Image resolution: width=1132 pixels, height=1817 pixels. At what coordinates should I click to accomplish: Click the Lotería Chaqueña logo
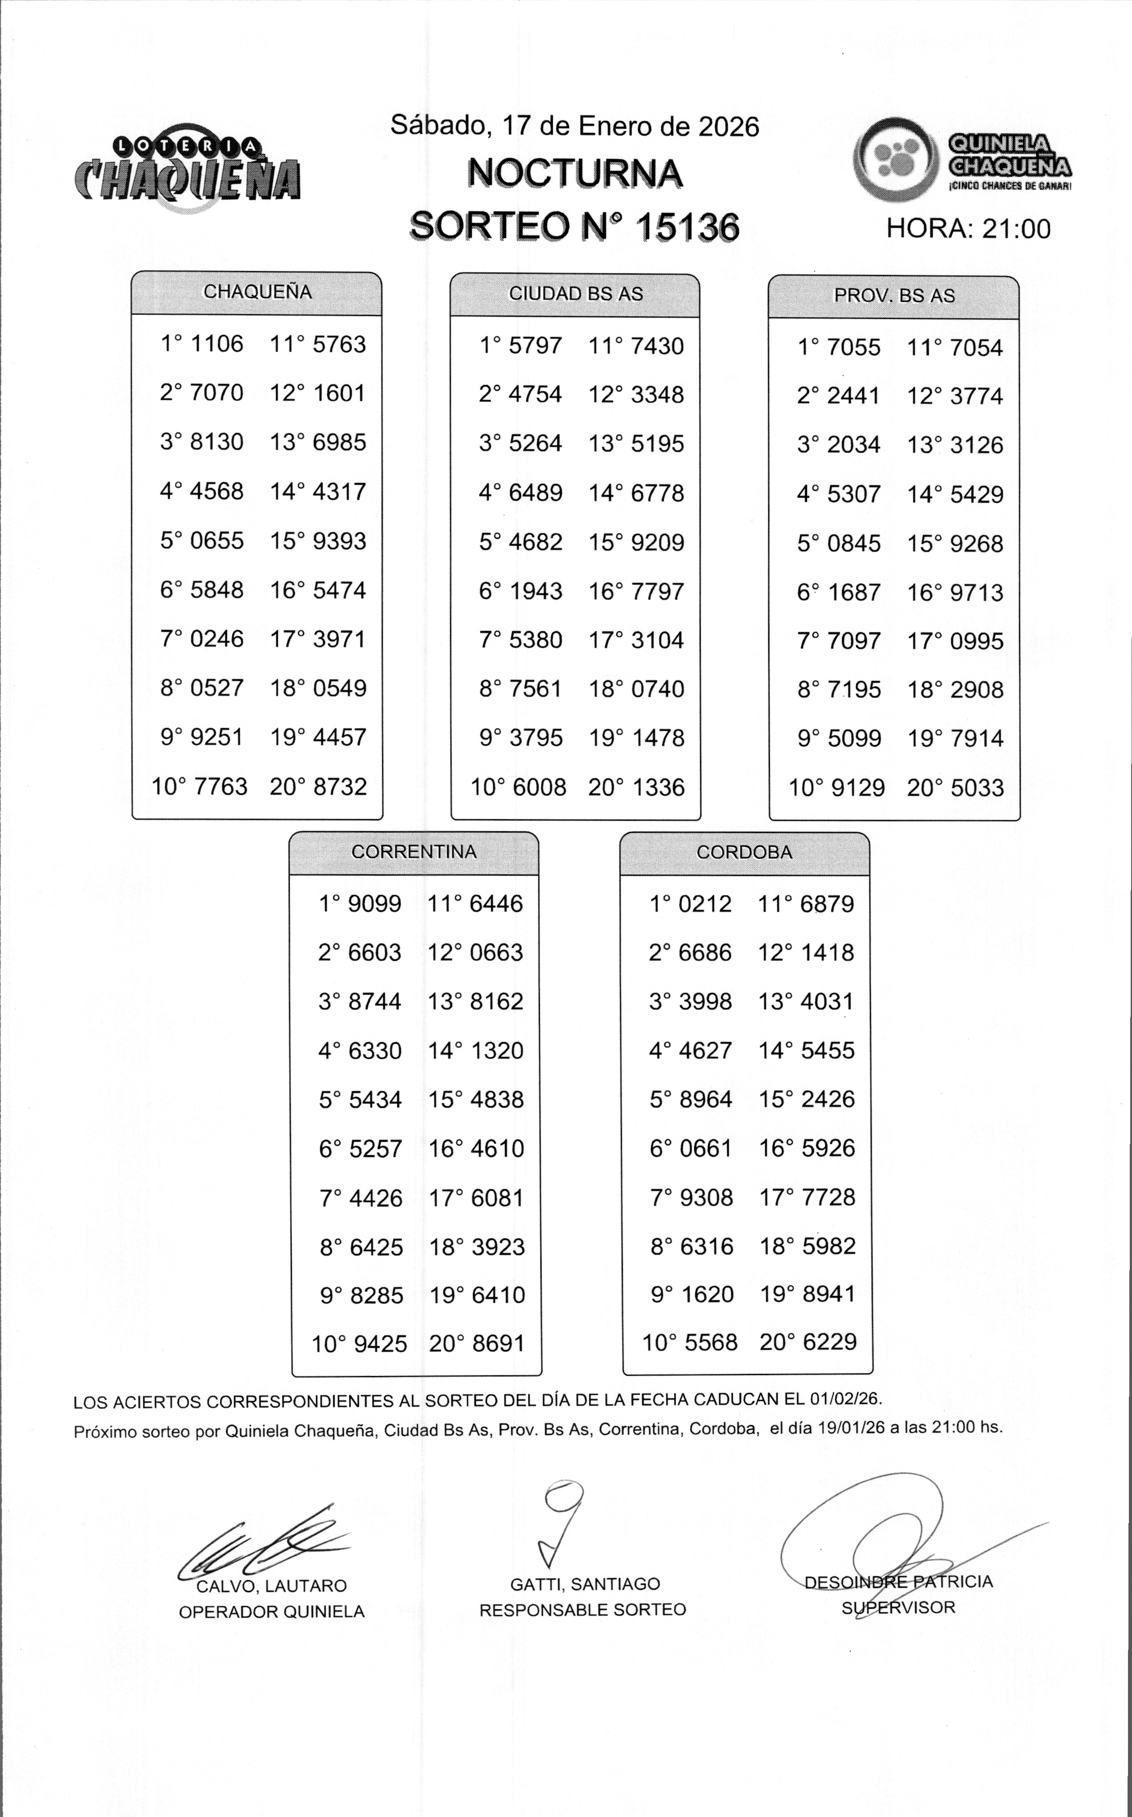point(187,169)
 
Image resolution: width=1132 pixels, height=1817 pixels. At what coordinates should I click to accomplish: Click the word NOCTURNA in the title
point(575,174)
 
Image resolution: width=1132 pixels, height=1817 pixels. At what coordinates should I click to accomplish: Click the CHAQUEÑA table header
point(257,292)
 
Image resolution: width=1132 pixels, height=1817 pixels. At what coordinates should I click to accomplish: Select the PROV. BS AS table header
point(894,296)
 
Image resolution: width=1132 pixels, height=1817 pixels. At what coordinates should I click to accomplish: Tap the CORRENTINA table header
point(414,852)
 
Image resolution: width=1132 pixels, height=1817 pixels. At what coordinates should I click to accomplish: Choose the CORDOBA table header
point(744,852)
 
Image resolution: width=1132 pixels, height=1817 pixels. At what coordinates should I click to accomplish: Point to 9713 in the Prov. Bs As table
point(976,592)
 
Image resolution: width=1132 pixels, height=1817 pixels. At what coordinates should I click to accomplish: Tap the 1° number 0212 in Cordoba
point(704,904)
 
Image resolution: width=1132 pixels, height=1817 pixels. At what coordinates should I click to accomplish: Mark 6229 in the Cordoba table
point(828,1342)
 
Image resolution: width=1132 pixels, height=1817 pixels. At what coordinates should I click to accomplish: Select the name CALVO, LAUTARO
point(271,1586)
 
